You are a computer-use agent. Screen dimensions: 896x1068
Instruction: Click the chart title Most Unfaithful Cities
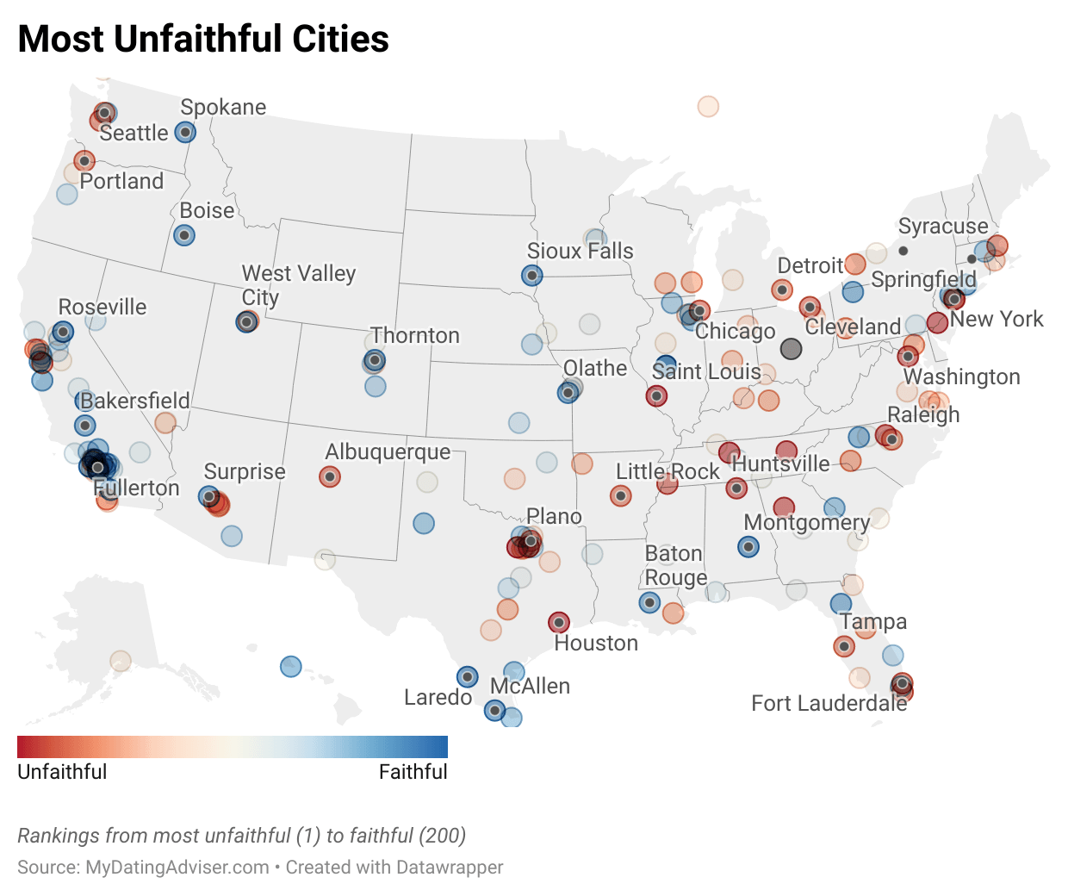[203, 39]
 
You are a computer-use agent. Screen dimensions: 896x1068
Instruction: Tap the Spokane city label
[223, 107]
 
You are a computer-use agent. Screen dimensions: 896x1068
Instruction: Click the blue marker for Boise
[183, 234]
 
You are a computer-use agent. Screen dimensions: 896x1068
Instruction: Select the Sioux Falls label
[580, 251]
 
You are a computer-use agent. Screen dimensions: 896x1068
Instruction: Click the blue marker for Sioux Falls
[532, 276]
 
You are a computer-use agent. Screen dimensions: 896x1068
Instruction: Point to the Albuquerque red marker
[330, 476]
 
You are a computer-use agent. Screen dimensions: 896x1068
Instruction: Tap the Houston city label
[596, 643]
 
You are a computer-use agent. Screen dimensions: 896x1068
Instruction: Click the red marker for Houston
[559, 622]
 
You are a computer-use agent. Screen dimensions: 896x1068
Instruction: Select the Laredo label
[438, 697]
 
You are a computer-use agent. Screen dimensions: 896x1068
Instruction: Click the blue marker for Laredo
[467, 676]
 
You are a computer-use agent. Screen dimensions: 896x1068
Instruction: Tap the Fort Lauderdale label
[829, 703]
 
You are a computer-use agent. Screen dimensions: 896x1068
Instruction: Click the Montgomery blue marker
[748, 546]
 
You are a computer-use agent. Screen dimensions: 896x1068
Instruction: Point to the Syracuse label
[943, 226]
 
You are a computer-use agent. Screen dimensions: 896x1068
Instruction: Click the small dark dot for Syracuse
[903, 251]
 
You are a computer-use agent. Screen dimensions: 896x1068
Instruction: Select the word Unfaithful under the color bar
[62, 771]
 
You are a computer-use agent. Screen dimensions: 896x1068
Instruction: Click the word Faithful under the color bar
[413, 771]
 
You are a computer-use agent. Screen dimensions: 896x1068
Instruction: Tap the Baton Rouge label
[675, 565]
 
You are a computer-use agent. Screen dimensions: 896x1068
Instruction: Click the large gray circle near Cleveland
[791, 349]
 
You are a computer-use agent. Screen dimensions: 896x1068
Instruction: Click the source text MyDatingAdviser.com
[177, 867]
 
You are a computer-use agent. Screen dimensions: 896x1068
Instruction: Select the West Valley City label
[298, 285]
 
